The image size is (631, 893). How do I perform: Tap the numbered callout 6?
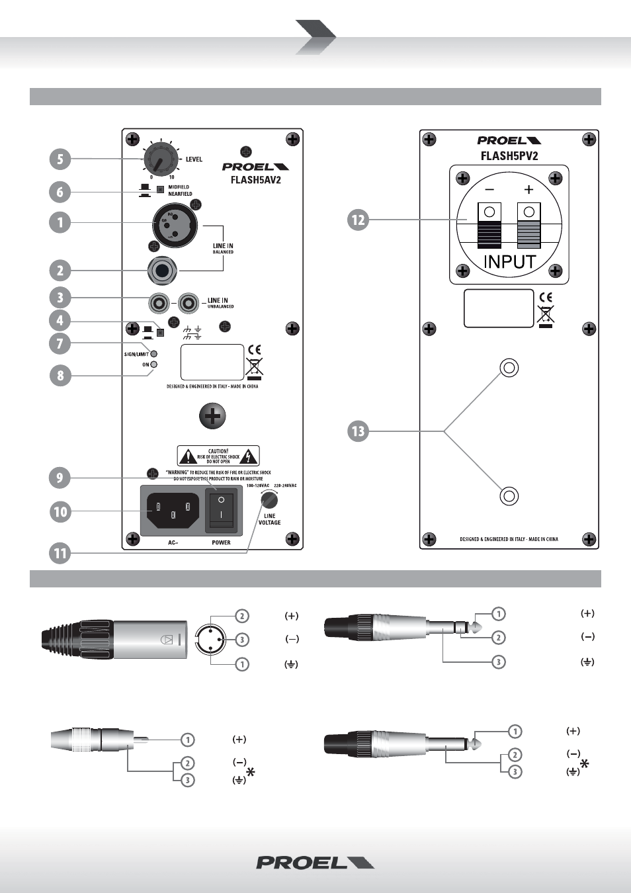[x=60, y=192]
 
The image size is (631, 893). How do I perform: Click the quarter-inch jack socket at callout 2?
[x=162, y=270]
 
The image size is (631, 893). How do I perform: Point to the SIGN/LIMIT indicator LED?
[x=154, y=354]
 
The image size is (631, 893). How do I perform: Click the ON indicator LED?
[x=154, y=364]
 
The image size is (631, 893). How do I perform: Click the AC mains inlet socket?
[x=173, y=510]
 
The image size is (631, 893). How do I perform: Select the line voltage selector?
[x=269, y=499]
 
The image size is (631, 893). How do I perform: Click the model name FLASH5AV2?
[x=255, y=180]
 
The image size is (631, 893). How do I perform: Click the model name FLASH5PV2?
[x=509, y=156]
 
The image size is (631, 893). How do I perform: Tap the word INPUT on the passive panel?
[x=509, y=262]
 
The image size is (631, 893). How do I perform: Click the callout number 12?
[x=358, y=220]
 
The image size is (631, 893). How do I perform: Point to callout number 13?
[x=358, y=431]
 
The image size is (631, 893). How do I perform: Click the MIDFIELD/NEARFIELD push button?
[x=160, y=190]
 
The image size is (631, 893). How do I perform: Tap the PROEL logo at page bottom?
[x=315, y=863]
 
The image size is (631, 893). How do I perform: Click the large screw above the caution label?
[x=212, y=416]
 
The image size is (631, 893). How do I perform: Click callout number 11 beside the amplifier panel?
[x=60, y=552]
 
